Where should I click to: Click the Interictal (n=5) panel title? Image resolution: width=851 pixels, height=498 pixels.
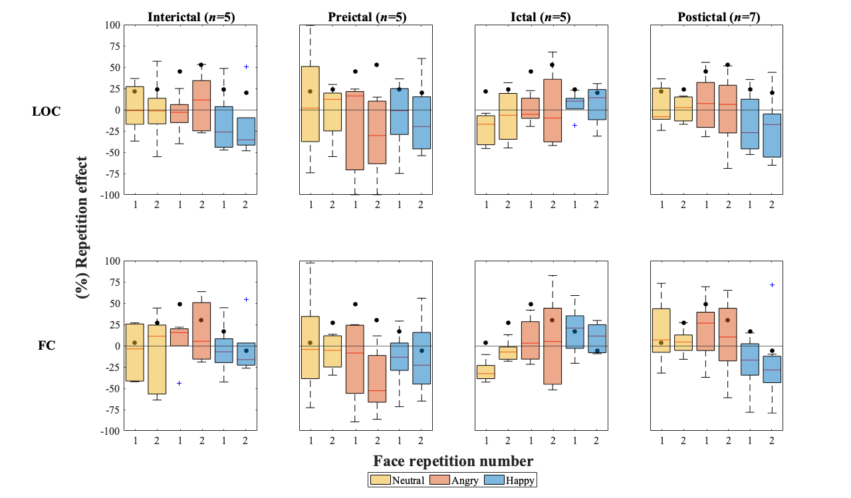(x=189, y=16)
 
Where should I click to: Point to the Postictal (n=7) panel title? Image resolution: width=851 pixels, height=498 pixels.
(x=717, y=16)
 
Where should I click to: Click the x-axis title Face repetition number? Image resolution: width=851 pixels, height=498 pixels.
(x=453, y=461)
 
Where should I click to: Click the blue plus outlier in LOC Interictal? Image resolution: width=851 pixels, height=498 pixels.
(x=246, y=66)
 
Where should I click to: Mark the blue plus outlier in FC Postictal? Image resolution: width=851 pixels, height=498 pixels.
(x=772, y=285)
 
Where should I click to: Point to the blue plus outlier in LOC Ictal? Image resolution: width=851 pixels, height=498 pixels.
(x=574, y=125)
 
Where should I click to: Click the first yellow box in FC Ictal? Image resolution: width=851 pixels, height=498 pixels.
(x=487, y=372)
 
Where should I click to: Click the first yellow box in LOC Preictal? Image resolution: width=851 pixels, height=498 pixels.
(x=311, y=104)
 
